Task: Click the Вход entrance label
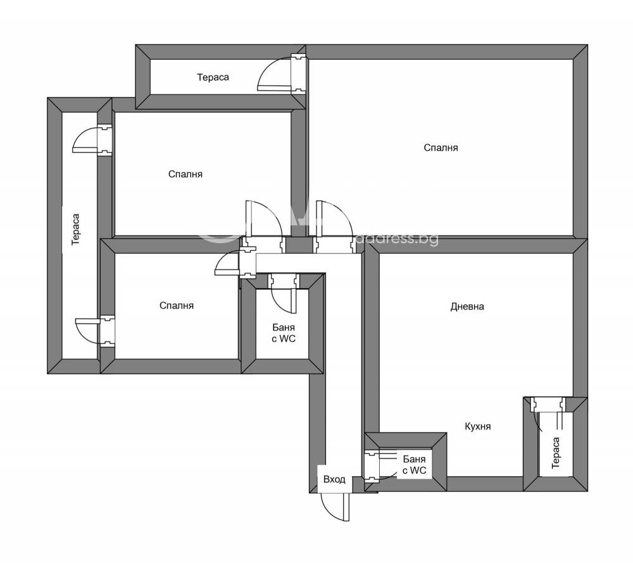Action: click(334, 479)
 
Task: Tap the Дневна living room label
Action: click(467, 307)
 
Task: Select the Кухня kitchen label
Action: click(477, 426)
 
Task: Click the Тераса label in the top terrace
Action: click(213, 77)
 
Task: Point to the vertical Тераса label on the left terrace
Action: click(75, 229)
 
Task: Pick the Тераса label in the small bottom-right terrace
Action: click(556, 453)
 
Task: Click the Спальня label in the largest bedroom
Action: click(441, 148)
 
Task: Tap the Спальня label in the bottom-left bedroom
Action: click(177, 306)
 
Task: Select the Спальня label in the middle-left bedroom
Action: click(185, 174)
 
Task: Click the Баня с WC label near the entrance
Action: click(414, 465)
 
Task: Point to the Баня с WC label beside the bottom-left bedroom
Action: click(284, 333)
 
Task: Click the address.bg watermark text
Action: click(398, 239)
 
